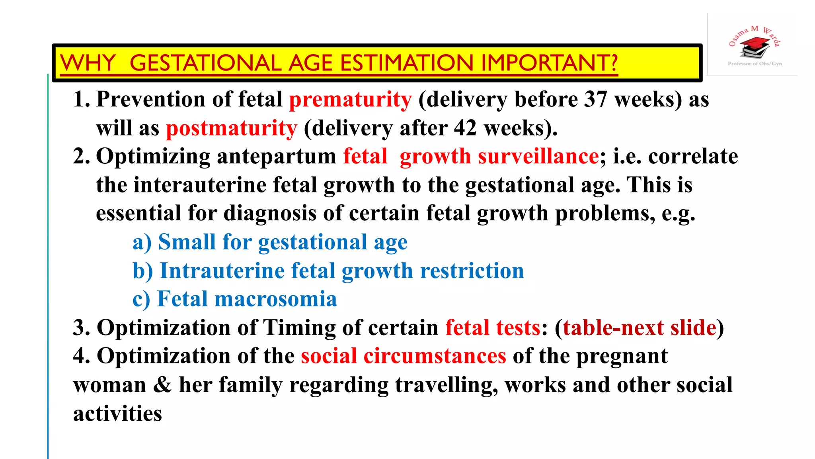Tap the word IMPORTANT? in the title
tap(549, 63)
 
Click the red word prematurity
tap(350, 100)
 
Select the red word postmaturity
tap(231, 128)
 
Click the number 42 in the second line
tap(465, 128)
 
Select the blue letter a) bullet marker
tap(142, 242)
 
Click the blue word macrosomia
tap(275, 299)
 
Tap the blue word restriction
tap(472, 271)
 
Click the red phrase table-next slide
tap(640, 328)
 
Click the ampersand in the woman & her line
tap(162, 385)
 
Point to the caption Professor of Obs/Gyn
tap(755, 64)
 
